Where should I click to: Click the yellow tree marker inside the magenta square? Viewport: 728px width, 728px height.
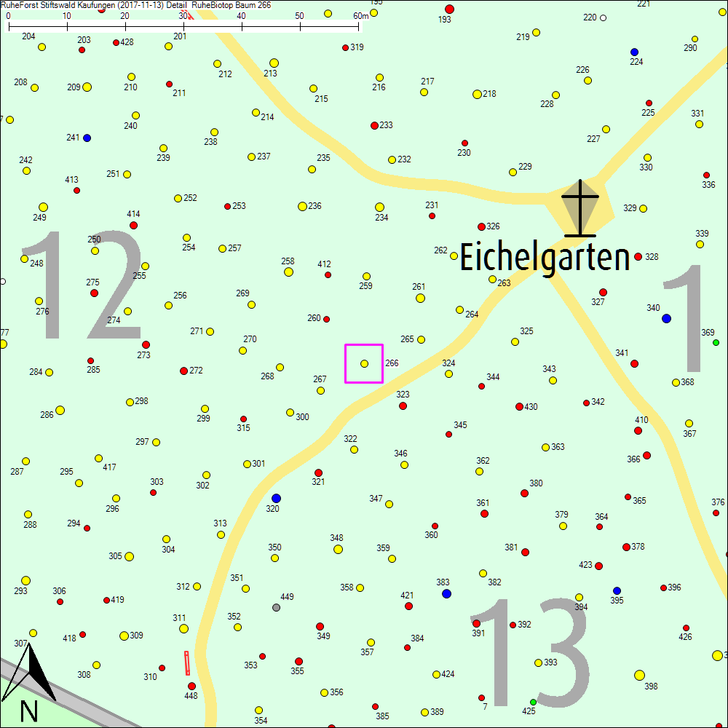364,363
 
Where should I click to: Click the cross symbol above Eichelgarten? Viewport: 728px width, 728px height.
580,207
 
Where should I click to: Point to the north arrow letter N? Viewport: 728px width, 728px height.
28,711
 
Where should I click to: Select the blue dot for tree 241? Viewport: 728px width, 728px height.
87,138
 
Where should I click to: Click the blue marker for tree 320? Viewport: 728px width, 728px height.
276,498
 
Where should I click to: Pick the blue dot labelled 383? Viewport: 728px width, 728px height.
446,593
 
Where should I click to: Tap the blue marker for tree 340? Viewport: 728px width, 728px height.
666,318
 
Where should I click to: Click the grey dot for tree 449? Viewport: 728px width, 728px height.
276,607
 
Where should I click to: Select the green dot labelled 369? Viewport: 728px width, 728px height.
716,342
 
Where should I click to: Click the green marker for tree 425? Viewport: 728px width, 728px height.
533,702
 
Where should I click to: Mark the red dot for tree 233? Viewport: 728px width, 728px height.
374,125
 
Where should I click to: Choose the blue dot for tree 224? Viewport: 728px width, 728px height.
634,52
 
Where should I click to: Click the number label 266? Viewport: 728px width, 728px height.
392,363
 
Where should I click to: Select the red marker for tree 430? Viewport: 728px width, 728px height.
519,406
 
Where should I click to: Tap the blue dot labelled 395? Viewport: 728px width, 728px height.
617,590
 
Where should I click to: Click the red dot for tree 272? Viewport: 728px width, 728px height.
183,371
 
